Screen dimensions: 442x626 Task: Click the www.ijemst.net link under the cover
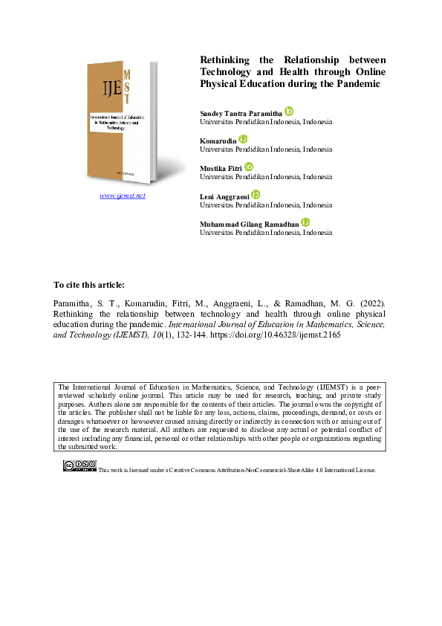[x=123, y=196]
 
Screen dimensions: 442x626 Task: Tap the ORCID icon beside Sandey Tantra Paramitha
[x=290, y=111]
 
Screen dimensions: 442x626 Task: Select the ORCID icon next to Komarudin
[x=243, y=139]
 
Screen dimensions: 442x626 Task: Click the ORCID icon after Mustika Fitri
[x=249, y=167]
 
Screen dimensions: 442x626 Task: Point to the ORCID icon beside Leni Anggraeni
[x=256, y=194]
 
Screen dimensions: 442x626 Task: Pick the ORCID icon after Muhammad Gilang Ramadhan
[x=305, y=222]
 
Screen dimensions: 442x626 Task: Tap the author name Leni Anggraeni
[x=225, y=196]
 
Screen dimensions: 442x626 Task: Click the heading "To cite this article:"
[x=90, y=285]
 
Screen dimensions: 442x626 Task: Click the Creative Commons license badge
[x=79, y=466]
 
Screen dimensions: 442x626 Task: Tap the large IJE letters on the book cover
[x=102, y=91]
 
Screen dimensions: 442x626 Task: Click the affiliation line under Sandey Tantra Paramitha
[x=266, y=121]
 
